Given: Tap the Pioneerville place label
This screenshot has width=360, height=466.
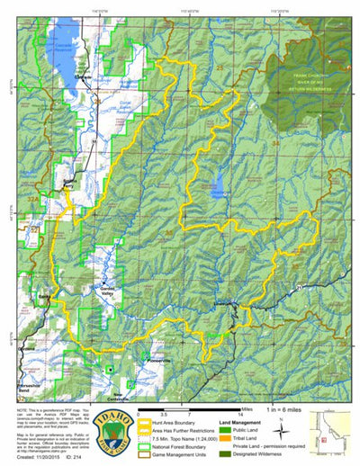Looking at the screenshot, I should coord(136,359).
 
